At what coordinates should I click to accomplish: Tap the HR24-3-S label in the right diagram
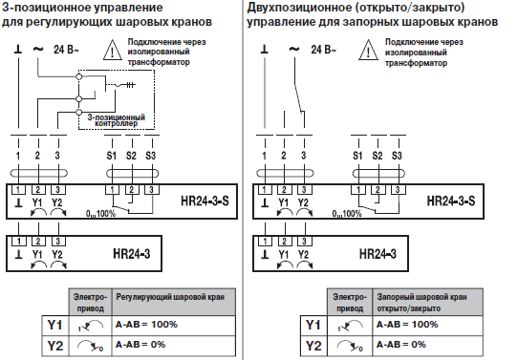(455, 203)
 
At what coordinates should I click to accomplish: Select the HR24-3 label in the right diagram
(379, 255)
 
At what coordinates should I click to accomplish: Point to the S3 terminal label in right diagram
(397, 155)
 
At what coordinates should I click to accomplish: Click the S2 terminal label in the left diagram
(131, 155)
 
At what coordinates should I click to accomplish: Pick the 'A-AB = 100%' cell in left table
(146, 325)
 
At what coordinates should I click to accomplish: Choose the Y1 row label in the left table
(54, 326)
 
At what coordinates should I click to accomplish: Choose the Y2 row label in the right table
(310, 344)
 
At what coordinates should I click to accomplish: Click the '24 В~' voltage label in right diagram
(323, 48)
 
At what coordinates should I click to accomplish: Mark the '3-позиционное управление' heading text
(81, 8)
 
